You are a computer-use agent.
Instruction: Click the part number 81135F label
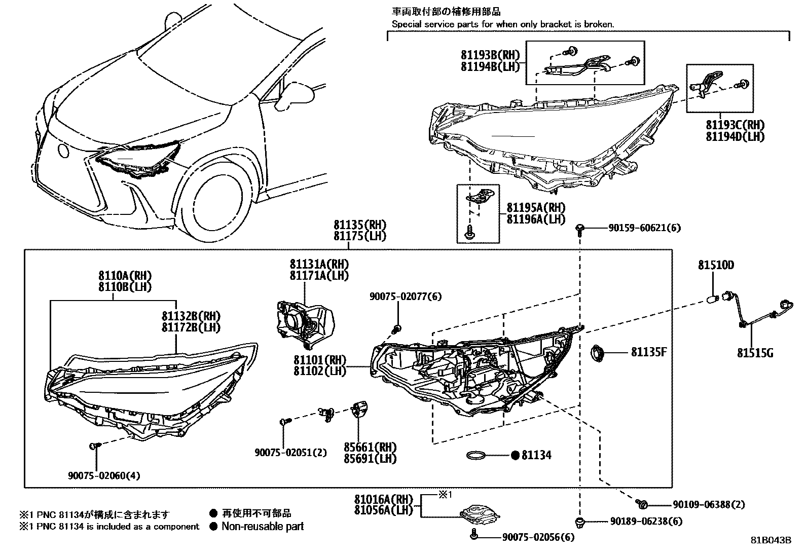click(648, 352)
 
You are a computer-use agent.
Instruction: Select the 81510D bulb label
click(716, 265)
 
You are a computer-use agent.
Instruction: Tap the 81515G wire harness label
click(755, 353)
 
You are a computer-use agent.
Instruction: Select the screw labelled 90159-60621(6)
click(580, 230)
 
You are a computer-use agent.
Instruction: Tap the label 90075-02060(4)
click(104, 475)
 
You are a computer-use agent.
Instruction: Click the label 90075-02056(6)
click(538, 537)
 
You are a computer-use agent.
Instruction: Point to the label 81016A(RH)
click(384, 499)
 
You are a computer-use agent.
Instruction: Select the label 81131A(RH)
click(319, 264)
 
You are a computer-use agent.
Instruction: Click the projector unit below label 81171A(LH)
click(304, 322)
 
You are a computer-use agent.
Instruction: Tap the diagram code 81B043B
click(771, 540)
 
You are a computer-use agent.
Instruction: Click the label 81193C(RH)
click(735, 125)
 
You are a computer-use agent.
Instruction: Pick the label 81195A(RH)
click(536, 208)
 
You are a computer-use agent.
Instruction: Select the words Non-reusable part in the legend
click(263, 527)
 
